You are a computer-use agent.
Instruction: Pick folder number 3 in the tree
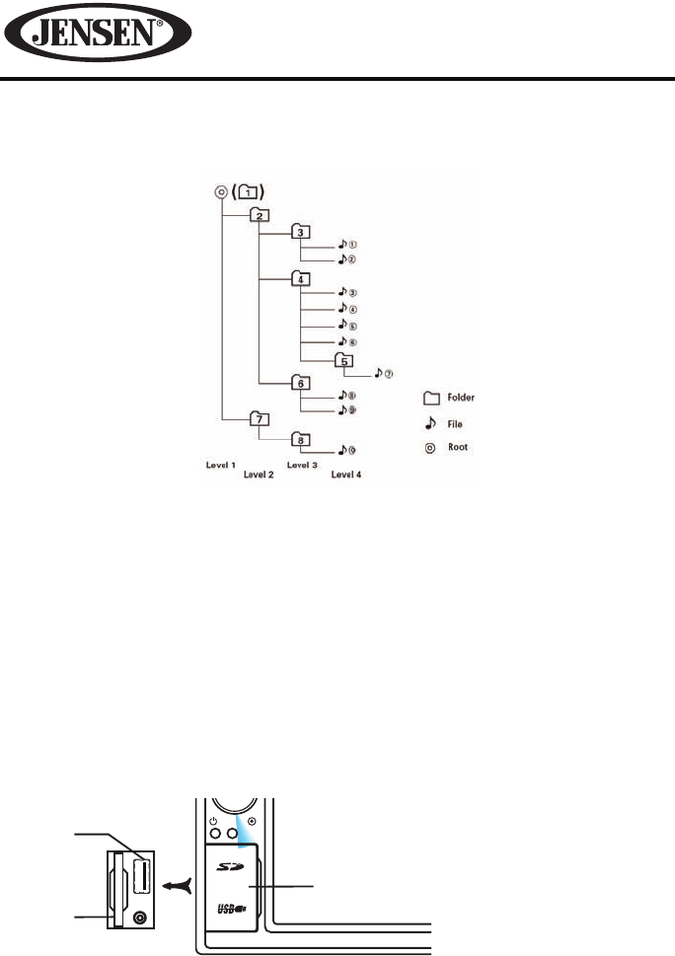pyautogui.click(x=300, y=232)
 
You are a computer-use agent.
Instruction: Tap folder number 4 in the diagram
pyautogui.click(x=300, y=277)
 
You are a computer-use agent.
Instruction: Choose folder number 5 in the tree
pyautogui.click(x=343, y=359)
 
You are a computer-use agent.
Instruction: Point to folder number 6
pyautogui.click(x=300, y=382)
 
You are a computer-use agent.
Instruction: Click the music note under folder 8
pyautogui.click(x=340, y=450)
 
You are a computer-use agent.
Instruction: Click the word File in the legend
pyautogui.click(x=454, y=423)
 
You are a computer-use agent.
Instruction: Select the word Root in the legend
pyautogui.click(x=457, y=446)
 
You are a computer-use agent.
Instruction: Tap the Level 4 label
pyautogui.click(x=345, y=474)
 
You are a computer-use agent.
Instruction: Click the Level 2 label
pyautogui.click(x=259, y=474)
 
